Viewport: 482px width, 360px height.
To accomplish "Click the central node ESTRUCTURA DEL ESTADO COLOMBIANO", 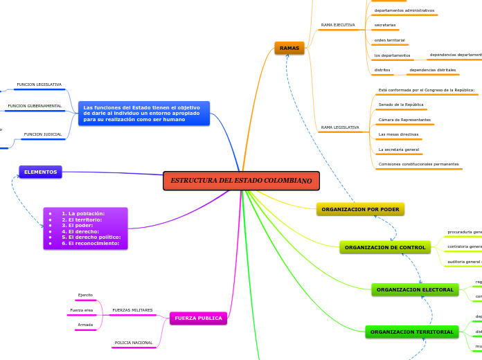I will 241,181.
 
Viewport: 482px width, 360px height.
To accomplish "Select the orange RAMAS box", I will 289,48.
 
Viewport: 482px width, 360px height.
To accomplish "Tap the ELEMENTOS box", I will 40,172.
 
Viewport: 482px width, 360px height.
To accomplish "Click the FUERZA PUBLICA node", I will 198,318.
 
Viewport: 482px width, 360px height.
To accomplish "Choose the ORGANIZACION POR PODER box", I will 360,209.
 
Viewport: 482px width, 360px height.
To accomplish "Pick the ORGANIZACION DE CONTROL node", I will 385,247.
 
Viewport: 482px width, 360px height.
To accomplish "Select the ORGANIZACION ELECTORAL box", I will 415,289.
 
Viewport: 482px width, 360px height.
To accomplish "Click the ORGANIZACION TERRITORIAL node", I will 412,332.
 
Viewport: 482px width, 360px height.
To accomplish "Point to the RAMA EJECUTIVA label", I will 338,25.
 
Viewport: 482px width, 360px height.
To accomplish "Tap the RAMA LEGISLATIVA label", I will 340,127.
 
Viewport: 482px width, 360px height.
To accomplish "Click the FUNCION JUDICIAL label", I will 43,134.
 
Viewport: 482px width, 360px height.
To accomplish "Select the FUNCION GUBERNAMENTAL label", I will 35,107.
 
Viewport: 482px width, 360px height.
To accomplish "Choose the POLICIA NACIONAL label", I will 133,343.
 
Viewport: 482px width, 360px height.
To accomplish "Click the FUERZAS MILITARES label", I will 132,310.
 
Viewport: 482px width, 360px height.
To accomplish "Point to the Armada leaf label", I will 85,324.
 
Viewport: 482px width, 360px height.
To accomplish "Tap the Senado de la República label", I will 401,105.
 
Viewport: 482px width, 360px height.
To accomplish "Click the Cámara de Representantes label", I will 404,120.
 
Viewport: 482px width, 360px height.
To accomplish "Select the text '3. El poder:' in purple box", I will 77,226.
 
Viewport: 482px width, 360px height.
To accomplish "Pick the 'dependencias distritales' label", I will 432,70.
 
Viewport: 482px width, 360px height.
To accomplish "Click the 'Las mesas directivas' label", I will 398,134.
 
